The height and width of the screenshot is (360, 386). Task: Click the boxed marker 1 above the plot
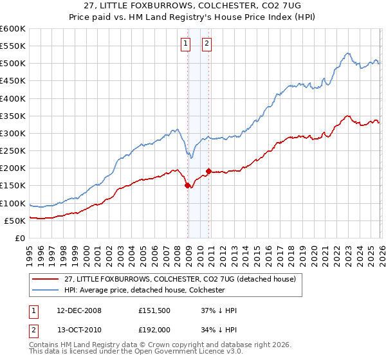(185, 44)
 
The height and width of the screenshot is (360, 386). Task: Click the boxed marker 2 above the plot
(207, 44)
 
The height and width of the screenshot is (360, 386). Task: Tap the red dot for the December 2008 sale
(188, 185)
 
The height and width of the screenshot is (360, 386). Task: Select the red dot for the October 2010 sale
(208, 171)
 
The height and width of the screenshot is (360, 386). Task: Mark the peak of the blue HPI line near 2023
(347, 53)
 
